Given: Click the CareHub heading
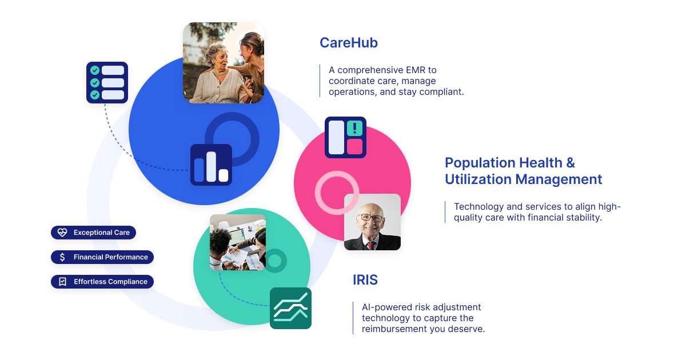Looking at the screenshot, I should [x=348, y=43].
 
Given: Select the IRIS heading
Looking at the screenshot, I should [x=365, y=280].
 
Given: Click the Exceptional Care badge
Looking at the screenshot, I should [x=94, y=233].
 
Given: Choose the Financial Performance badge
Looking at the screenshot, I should [x=102, y=257].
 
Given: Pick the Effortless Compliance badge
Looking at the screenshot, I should [x=102, y=282].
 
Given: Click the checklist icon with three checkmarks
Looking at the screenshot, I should [x=107, y=83].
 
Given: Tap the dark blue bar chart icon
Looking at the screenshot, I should [x=211, y=165].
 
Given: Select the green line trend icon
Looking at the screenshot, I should [x=290, y=309].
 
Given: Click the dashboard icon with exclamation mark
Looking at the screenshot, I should [x=345, y=137].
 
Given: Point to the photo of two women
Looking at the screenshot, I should [x=224, y=63].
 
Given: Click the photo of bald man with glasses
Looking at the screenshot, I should [x=372, y=222].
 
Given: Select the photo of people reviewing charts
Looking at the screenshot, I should [x=237, y=242].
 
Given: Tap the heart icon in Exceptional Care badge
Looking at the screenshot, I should [x=62, y=233].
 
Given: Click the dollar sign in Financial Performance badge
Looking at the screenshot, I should [x=62, y=257].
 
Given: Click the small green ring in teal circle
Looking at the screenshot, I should [x=275, y=261].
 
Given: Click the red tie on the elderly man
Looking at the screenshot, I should [x=370, y=245].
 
